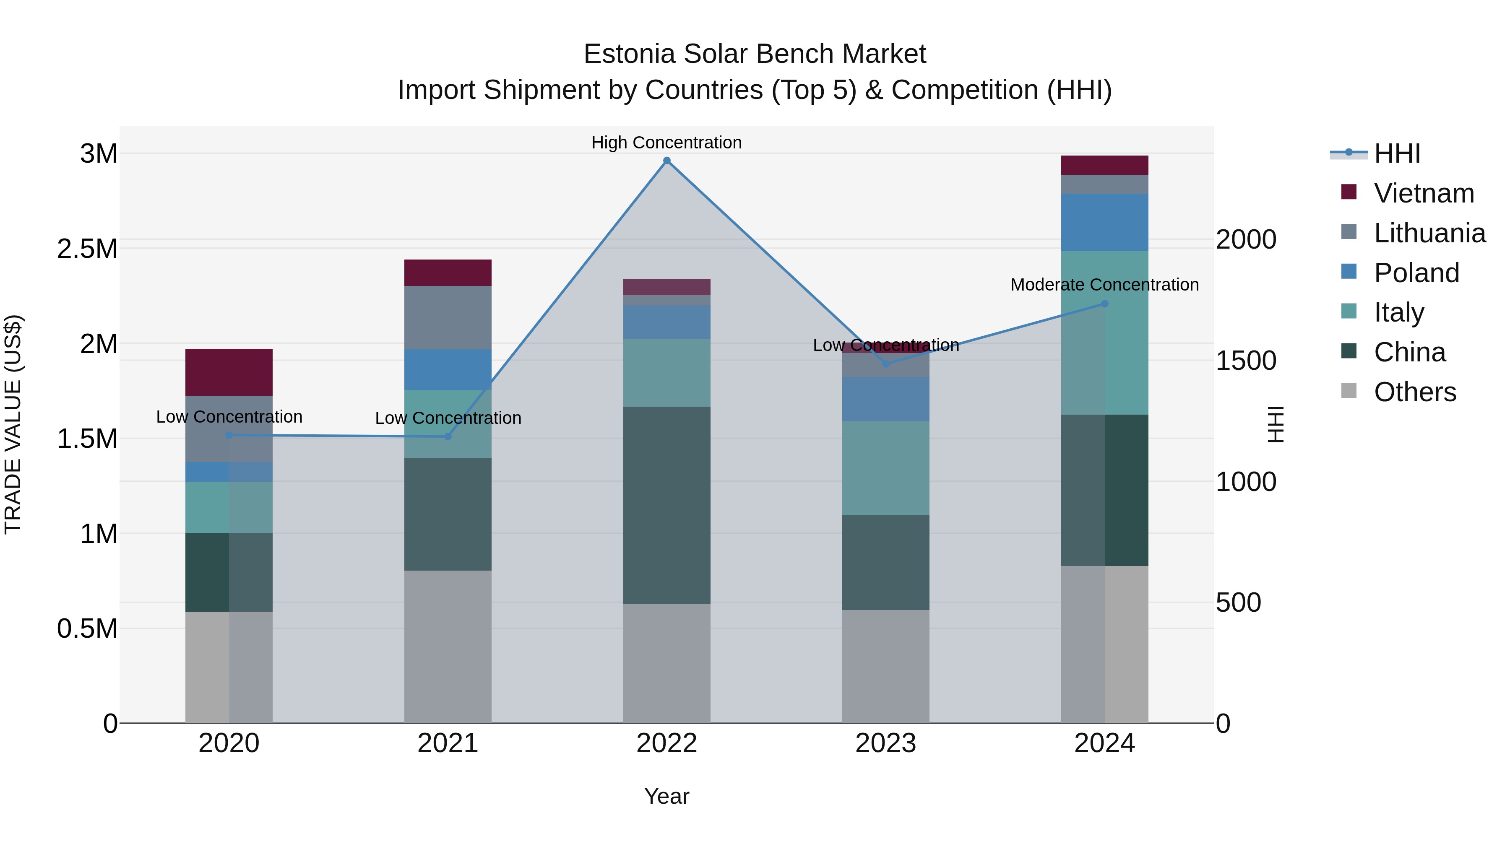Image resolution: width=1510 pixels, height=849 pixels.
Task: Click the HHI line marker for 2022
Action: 666,161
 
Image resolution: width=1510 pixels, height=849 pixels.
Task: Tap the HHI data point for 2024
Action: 1104,304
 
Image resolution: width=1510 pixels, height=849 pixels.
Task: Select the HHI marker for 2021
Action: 448,436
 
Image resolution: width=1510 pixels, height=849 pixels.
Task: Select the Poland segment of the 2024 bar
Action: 1104,222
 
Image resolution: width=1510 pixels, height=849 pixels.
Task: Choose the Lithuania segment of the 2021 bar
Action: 448,317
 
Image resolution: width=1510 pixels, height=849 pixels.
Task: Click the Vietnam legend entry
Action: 1423,193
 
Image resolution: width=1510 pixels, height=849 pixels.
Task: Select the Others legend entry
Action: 1414,392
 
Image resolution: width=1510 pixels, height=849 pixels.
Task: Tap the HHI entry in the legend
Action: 1397,153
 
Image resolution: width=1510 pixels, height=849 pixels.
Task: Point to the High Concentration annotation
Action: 666,143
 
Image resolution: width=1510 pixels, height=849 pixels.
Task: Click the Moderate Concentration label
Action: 1104,285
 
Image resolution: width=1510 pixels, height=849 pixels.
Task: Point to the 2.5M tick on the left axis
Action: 87,249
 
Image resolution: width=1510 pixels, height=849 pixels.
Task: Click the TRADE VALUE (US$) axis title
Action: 13,424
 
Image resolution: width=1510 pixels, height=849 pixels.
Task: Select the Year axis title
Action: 666,796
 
